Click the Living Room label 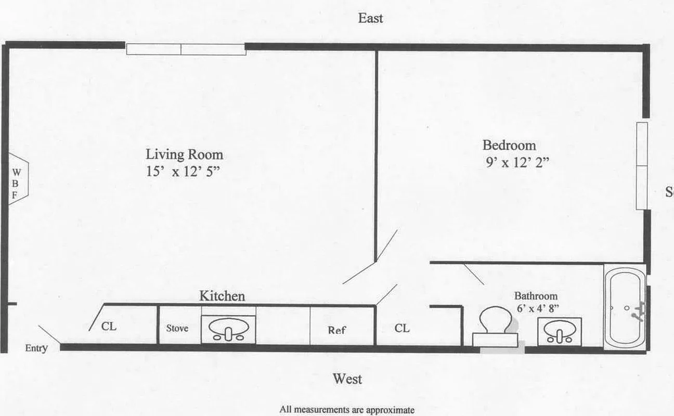click(x=184, y=154)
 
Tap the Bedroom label click(x=509, y=145)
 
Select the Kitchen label click(x=222, y=296)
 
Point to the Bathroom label click(x=536, y=296)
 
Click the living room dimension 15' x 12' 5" click(x=184, y=172)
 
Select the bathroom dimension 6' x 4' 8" click(x=538, y=307)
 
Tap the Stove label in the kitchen click(x=177, y=328)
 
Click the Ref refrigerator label click(x=337, y=330)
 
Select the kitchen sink click(x=228, y=329)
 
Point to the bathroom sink click(x=560, y=332)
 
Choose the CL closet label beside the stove click(x=109, y=327)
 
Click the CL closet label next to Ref click(x=402, y=328)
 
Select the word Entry click(x=36, y=348)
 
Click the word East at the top click(x=370, y=18)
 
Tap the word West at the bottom click(x=347, y=379)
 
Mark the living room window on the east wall click(x=186, y=49)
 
